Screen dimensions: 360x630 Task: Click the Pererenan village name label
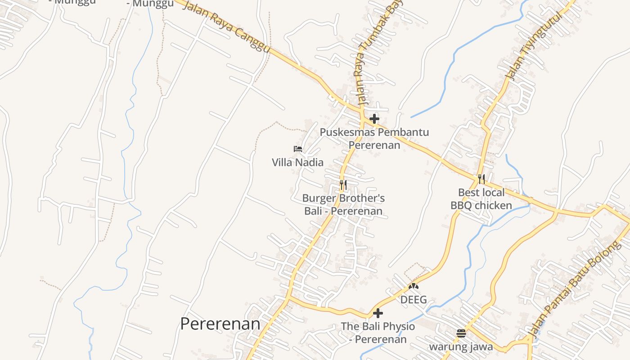coord(220,324)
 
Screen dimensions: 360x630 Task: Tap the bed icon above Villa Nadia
coord(297,149)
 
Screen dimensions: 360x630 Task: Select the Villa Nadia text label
coord(297,162)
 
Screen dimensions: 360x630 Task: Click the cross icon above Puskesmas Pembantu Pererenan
coord(374,119)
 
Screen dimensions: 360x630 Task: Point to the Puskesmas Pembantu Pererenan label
coord(374,139)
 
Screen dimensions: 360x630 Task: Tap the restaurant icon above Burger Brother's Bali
coord(343,184)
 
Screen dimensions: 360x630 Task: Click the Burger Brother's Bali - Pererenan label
coord(343,204)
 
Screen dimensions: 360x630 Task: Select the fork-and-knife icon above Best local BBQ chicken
coord(481,179)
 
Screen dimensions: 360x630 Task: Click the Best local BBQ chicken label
coord(481,199)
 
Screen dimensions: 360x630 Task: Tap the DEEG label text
coord(414,300)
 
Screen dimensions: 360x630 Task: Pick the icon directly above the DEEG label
coord(414,286)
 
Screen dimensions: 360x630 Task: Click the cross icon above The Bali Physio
coord(378,313)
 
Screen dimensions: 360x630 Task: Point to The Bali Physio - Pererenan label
coord(378,333)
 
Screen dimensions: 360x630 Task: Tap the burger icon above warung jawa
coord(461,333)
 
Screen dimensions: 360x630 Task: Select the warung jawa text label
coord(461,347)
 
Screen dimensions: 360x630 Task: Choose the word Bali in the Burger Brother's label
coord(315,211)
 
